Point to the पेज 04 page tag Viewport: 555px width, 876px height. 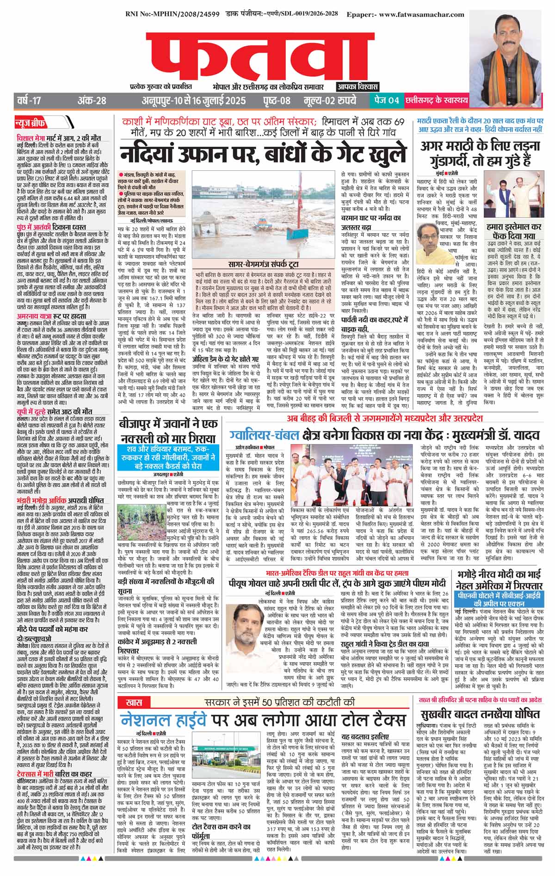point(386,100)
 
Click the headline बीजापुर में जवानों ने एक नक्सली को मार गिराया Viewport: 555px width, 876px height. point(168,431)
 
